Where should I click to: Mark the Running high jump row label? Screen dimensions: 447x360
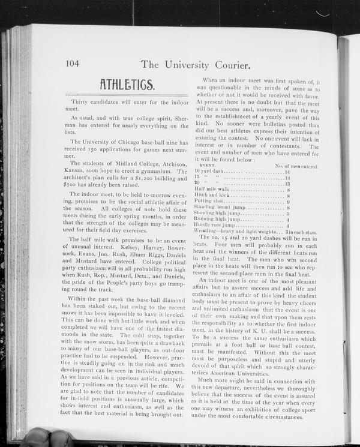[x=217, y=220]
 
